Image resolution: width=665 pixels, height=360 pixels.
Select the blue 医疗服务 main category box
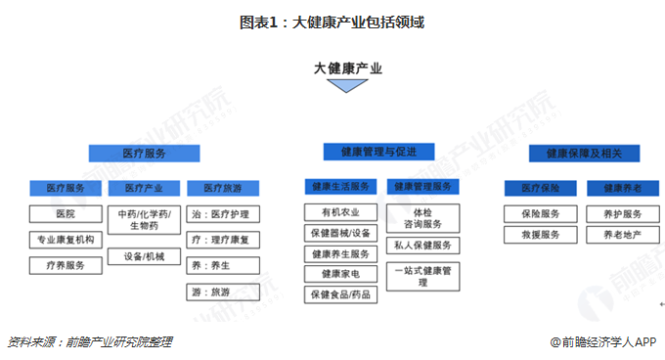[144, 154]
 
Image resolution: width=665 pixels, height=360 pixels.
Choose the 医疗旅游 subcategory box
[222, 187]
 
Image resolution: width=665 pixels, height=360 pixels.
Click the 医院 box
[66, 213]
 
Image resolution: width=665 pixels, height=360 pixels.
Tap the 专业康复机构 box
[66, 239]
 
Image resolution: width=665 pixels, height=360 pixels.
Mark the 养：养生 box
[222, 265]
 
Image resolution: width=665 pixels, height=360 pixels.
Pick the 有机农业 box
[338, 212]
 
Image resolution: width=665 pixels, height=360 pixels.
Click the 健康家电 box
[338, 274]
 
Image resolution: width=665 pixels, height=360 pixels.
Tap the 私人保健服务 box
[421, 246]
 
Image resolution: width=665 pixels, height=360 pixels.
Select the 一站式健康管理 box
[421, 276]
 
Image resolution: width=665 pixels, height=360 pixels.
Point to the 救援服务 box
[539, 235]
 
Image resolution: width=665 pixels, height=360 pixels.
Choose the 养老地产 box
[623, 235]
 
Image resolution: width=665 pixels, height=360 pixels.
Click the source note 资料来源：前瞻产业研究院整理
[89, 342]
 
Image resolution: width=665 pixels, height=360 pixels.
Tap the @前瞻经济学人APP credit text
[602, 342]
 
